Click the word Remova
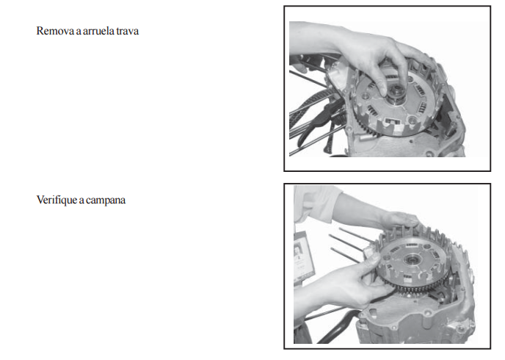55,31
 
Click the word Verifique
57,200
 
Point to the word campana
106,201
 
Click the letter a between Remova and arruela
79,32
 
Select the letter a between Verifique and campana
81,201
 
